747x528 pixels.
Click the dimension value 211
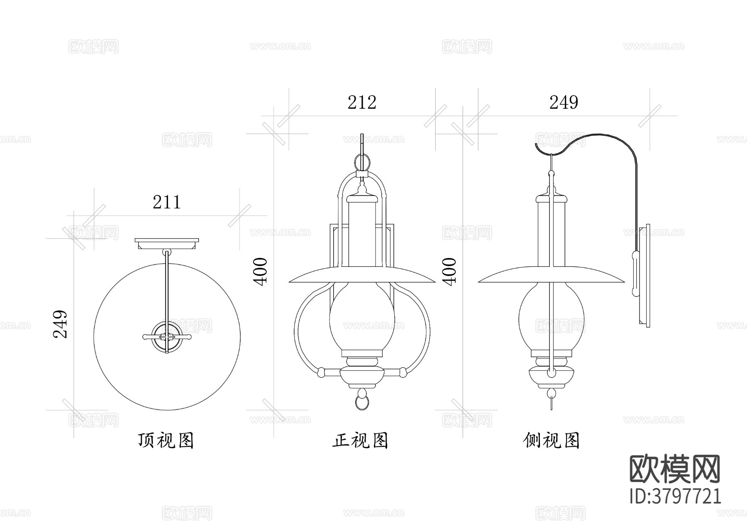[167, 203]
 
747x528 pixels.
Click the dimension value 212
[362, 103]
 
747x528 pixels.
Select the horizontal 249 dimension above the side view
[564, 103]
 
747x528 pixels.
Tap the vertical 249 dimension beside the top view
[61, 324]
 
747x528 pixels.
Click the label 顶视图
[166, 440]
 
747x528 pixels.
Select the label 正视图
[360, 440]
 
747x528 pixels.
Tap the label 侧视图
[552, 440]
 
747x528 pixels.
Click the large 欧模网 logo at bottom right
[675, 469]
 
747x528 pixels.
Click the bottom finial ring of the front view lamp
[362, 402]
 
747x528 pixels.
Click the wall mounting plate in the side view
[644, 276]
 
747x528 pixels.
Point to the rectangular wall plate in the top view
[167, 244]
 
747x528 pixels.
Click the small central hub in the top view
[167, 337]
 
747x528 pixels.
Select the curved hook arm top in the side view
[598, 135]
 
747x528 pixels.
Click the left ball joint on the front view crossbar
[320, 372]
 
